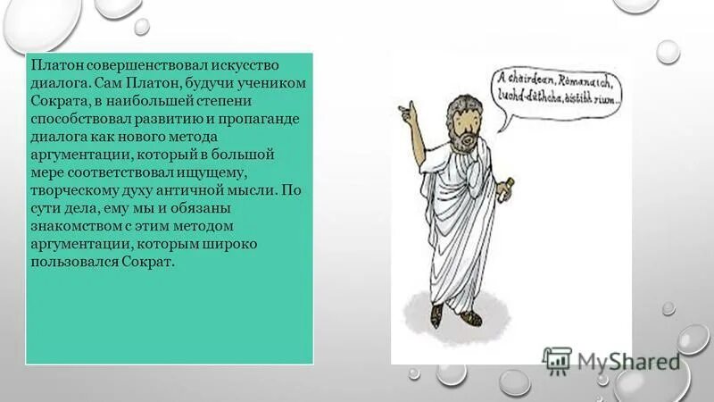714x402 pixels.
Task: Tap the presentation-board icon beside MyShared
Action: [557, 359]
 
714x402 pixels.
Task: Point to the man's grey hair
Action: [446, 100]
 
